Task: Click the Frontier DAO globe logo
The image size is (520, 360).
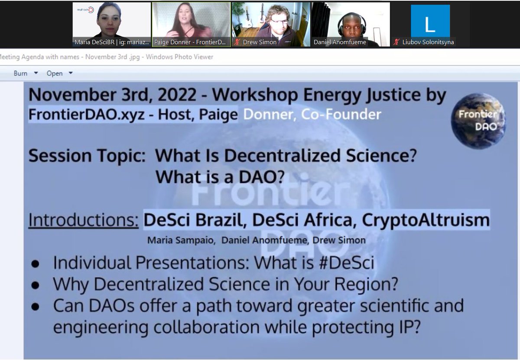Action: [478, 121]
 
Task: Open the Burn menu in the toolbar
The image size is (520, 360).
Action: [26, 73]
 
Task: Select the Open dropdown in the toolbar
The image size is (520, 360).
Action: [59, 73]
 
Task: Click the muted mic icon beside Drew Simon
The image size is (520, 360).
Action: [237, 43]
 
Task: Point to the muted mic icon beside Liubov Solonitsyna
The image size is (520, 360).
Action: [396, 43]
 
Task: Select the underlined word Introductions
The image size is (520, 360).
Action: [83, 219]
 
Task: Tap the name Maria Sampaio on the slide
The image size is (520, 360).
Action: [181, 240]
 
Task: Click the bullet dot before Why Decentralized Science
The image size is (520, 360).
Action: [36, 285]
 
